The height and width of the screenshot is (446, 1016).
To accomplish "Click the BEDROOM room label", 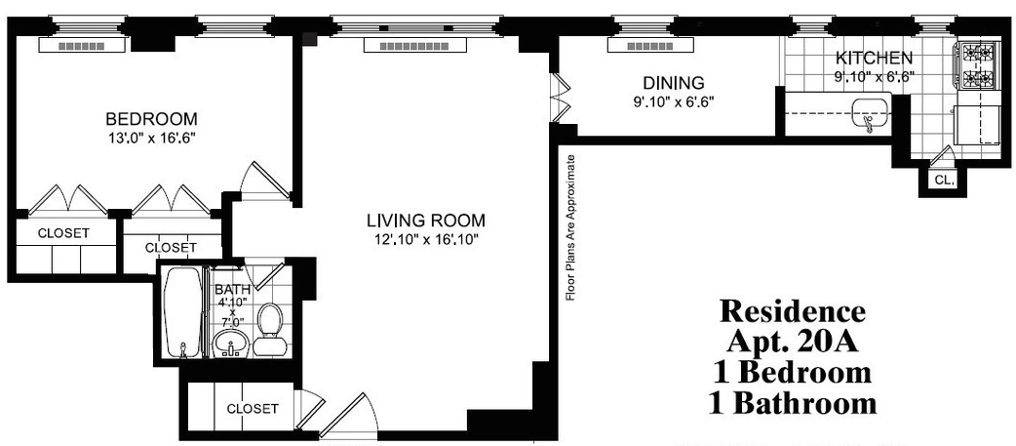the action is (x=152, y=119).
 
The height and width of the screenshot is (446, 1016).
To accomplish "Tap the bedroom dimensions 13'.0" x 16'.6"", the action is (x=152, y=138).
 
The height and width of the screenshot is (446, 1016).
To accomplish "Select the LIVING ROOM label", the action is (x=426, y=220).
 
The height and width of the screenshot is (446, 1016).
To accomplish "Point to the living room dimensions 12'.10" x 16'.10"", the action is (x=426, y=240).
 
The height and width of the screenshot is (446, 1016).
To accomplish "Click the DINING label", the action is (x=673, y=83).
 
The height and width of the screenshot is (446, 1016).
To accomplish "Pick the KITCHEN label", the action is (x=874, y=57).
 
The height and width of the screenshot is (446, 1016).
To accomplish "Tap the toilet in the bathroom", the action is (x=269, y=329).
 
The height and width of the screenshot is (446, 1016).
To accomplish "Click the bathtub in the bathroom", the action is (x=183, y=312).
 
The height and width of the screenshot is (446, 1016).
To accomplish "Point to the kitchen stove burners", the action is (x=973, y=65).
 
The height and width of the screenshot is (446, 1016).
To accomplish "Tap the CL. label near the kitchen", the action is (x=944, y=181).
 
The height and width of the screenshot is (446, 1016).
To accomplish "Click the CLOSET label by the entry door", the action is (x=253, y=409).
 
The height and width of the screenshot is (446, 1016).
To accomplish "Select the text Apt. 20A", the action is (x=793, y=341).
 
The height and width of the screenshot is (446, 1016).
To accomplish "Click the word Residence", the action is (x=793, y=311).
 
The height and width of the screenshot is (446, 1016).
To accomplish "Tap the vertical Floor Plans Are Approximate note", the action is (x=570, y=227).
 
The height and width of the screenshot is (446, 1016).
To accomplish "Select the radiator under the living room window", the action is (x=414, y=46).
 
